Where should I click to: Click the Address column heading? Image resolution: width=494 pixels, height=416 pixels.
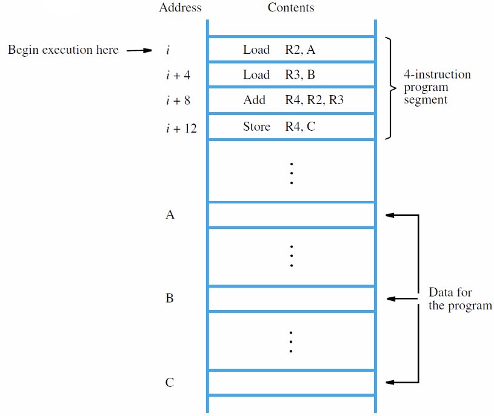180,7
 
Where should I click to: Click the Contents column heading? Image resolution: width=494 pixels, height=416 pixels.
291,7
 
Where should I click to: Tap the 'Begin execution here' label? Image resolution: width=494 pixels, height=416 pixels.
63,50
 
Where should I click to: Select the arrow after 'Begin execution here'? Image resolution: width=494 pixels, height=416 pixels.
139,50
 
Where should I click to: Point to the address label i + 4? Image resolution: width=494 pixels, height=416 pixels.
178,75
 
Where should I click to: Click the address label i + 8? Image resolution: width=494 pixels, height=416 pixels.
178,101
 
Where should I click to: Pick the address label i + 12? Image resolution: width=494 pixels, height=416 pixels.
181,128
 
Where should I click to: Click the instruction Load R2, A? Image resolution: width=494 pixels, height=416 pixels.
279,50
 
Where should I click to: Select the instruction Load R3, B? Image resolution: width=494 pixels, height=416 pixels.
279,75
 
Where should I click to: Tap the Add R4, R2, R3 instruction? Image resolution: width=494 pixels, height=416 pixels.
293,100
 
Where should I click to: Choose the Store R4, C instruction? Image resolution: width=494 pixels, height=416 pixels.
279,127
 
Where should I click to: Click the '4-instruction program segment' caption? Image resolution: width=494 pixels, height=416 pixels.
437,87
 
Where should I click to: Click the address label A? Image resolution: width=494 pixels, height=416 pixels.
170,214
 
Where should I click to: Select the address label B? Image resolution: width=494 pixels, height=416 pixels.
170,298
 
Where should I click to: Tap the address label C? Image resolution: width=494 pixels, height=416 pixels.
170,382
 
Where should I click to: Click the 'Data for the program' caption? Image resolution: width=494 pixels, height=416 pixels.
460,299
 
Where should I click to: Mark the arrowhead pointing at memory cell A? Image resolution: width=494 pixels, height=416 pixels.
390,215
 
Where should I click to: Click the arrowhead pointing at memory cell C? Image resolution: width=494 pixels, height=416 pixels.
390,382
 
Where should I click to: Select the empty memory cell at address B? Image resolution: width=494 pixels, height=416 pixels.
292,299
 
